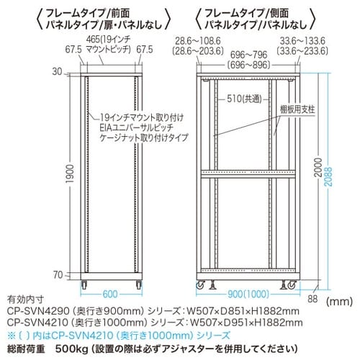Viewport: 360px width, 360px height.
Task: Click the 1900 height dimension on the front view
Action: pos(70,174)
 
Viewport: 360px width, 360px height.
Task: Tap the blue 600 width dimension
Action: pos(110,294)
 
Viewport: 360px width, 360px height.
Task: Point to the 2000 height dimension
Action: pos(318,167)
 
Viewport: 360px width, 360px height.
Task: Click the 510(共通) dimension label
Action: pos(244,99)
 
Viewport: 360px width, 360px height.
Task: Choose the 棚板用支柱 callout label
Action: pos(297,109)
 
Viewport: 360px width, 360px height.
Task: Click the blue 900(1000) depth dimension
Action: pos(248,294)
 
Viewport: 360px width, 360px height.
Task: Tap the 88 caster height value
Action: pos(312,299)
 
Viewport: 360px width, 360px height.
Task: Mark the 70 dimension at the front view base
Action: pos(58,275)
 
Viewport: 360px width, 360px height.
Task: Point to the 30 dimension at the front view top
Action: pos(57,72)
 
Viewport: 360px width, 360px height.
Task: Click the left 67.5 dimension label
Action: pos(73,50)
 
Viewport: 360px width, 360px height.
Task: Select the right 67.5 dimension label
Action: pos(145,50)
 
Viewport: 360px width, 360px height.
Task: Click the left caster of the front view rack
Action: pos(84,284)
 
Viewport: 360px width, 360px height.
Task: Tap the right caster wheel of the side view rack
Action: pos(292,285)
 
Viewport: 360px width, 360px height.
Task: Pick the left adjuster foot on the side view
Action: pos(212,284)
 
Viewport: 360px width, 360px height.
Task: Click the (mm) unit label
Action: pos(339,301)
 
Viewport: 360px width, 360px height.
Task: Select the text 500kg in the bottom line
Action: pos(72,349)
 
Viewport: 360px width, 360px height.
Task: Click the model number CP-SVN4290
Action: pos(38,311)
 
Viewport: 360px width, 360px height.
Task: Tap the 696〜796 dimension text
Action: pos(248,55)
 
